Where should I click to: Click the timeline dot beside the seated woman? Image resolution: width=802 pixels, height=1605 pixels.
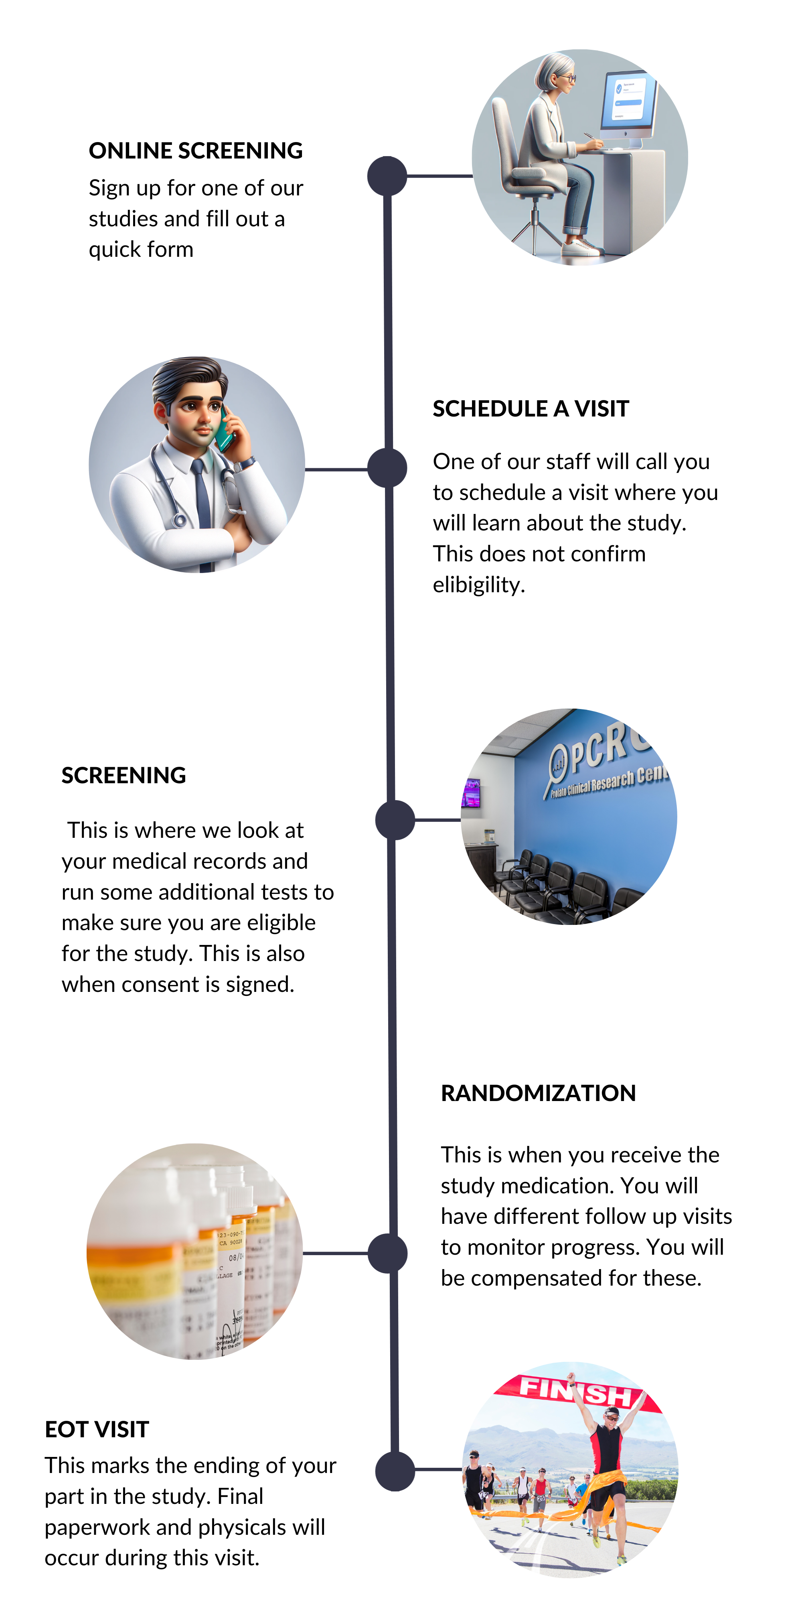point(387,176)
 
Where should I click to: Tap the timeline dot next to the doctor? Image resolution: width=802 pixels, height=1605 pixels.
point(387,469)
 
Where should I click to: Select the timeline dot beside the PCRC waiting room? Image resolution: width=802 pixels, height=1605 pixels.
point(395,820)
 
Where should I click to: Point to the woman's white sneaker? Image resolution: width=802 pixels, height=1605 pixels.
point(580,248)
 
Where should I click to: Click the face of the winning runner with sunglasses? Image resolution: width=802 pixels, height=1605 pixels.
point(612,1419)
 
